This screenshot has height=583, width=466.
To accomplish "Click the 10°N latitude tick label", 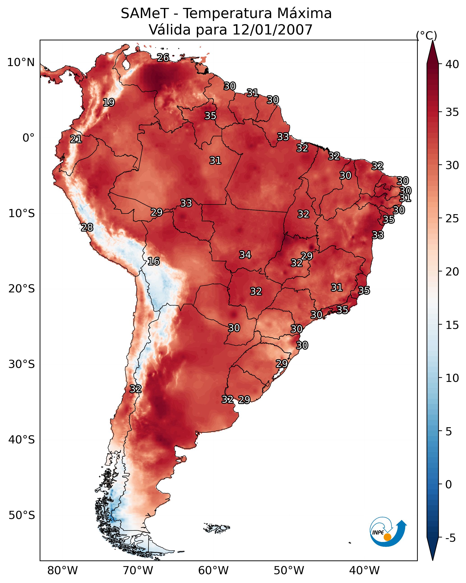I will pyautogui.click(x=21, y=62).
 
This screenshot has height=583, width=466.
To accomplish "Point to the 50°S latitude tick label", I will pyautogui.click(x=22, y=515).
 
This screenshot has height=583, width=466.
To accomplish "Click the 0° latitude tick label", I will pyautogui.click(x=28, y=138).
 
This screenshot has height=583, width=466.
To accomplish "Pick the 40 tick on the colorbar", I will pyautogui.click(x=452, y=64).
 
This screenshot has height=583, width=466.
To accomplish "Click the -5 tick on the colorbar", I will pyautogui.click(x=450, y=538).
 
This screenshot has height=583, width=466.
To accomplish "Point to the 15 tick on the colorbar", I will pyautogui.click(x=452, y=325).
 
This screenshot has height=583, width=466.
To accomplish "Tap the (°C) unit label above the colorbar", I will pyautogui.click(x=426, y=35).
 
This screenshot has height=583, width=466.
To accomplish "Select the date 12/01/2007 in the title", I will pyautogui.click(x=272, y=30).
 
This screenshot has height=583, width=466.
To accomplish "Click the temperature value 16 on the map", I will pyautogui.click(x=154, y=261).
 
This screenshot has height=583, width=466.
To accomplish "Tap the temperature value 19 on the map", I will pyautogui.click(x=109, y=103).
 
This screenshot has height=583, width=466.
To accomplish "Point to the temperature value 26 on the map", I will pyautogui.click(x=163, y=57).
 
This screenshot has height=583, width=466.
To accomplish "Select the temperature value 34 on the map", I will pyautogui.click(x=245, y=255).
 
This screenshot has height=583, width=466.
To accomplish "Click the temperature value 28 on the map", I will pyautogui.click(x=87, y=227).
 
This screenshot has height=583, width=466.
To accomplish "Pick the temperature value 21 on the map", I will pyautogui.click(x=76, y=139).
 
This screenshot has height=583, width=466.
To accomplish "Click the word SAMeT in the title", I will pyautogui.click(x=145, y=14).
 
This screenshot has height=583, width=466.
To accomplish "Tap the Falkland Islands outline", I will pyautogui.click(x=217, y=528).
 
